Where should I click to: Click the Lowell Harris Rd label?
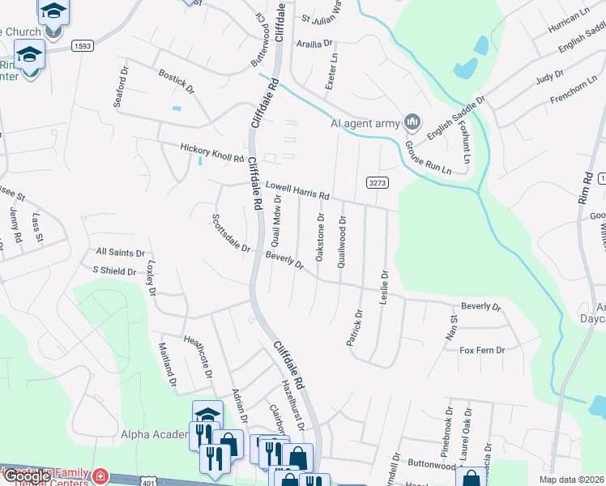coord(297,190)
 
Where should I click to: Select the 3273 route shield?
coord(378,182)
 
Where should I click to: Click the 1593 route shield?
coord(81,46)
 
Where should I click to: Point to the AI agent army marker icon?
coord(412,122)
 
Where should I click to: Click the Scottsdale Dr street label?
coord(231,232)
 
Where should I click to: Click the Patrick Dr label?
coord(354,327)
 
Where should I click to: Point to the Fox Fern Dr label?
coord(482,350)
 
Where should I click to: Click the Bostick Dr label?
coord(177,81)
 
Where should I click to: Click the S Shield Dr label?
coord(115,271)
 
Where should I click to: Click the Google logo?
coord(26,476)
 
